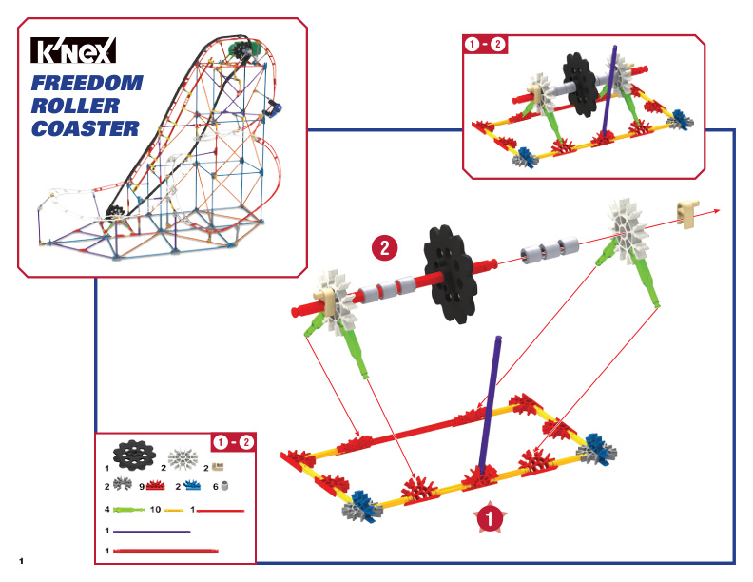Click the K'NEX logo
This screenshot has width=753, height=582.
(73, 50)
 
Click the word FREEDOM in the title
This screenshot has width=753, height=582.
(87, 83)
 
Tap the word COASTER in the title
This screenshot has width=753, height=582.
(85, 128)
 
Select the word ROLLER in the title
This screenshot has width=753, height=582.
(75, 106)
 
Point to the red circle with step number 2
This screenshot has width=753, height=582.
(385, 248)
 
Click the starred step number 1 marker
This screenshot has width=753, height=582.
(490, 518)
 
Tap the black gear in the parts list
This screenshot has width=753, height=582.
(134, 454)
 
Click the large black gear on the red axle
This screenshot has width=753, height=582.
(450, 274)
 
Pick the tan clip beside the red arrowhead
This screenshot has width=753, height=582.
(687, 212)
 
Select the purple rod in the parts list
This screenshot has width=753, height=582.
(152, 532)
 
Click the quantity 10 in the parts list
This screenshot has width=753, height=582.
(155, 509)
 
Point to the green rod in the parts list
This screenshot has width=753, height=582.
(128, 510)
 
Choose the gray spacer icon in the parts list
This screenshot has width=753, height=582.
(223, 487)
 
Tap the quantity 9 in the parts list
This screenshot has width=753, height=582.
(142, 487)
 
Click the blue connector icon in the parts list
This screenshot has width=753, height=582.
(192, 486)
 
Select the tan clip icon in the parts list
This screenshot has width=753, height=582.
(218, 467)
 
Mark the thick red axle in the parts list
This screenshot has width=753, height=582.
(165, 551)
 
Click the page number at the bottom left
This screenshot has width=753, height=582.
(21, 561)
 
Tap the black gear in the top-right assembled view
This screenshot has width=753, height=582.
(581, 84)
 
